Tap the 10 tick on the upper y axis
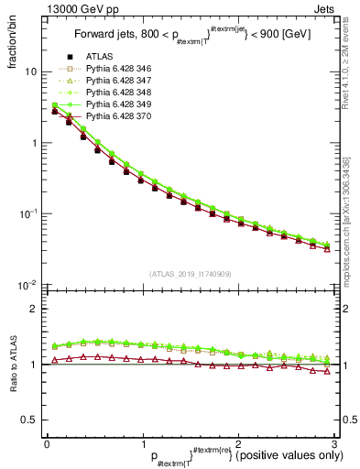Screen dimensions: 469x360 (31, 72)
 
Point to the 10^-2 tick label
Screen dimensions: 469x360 (28, 285)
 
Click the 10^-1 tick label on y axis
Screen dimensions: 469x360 (28, 214)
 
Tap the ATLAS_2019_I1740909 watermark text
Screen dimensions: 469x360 (191, 275)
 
